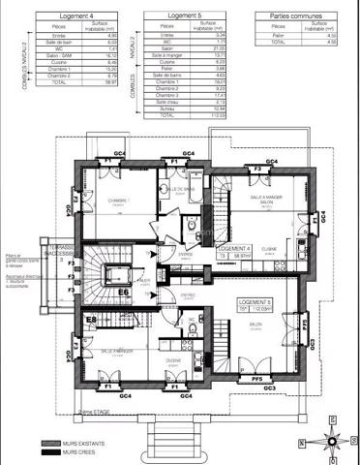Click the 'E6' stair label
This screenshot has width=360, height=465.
(x=124, y=292)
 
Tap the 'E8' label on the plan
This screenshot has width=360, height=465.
(x=90, y=320)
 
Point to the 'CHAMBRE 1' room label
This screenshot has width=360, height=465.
(x=119, y=201)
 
